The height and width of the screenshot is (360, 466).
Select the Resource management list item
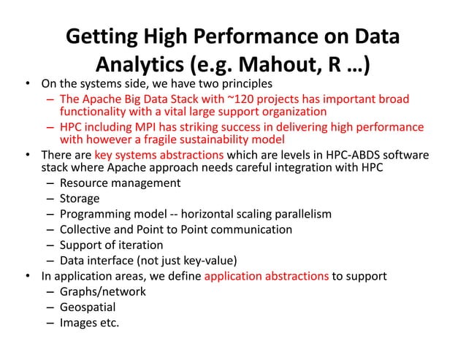pyautogui.click(x=120, y=183)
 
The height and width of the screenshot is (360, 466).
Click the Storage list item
pyautogui.click(x=80, y=198)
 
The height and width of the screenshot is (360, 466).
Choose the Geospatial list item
pyautogui.click(x=90, y=307)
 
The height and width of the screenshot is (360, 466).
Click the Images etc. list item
pyautogui.click(x=89, y=323)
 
